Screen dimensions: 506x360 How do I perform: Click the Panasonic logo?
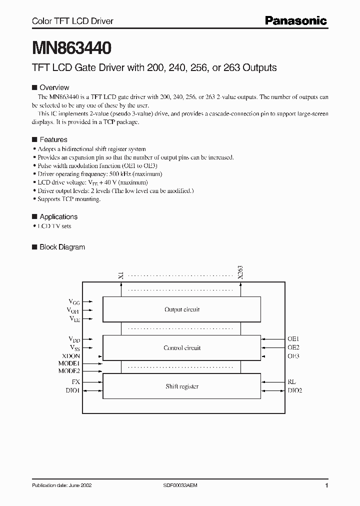click(x=295, y=20)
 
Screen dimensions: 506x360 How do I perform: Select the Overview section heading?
click(x=54, y=87)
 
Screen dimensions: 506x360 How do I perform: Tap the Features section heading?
click(x=53, y=139)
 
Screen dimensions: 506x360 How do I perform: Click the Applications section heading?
click(x=58, y=216)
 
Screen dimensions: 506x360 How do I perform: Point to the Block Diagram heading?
click(x=62, y=247)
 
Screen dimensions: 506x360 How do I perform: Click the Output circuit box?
click(x=181, y=310)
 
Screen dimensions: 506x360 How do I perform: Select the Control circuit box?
click(x=181, y=348)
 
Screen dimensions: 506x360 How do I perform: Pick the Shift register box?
click(x=181, y=386)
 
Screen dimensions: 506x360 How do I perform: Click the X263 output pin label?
click(x=240, y=272)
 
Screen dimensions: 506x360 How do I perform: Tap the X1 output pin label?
click(x=120, y=274)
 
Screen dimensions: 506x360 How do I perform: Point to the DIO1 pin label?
click(x=72, y=390)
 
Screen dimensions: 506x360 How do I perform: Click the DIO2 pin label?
click(x=294, y=390)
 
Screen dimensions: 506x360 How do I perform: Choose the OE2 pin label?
click(x=293, y=347)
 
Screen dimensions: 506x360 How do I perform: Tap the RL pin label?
click(x=291, y=381)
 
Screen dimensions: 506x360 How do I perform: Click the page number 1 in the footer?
click(x=326, y=485)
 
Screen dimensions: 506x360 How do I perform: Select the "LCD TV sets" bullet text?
click(x=54, y=226)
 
